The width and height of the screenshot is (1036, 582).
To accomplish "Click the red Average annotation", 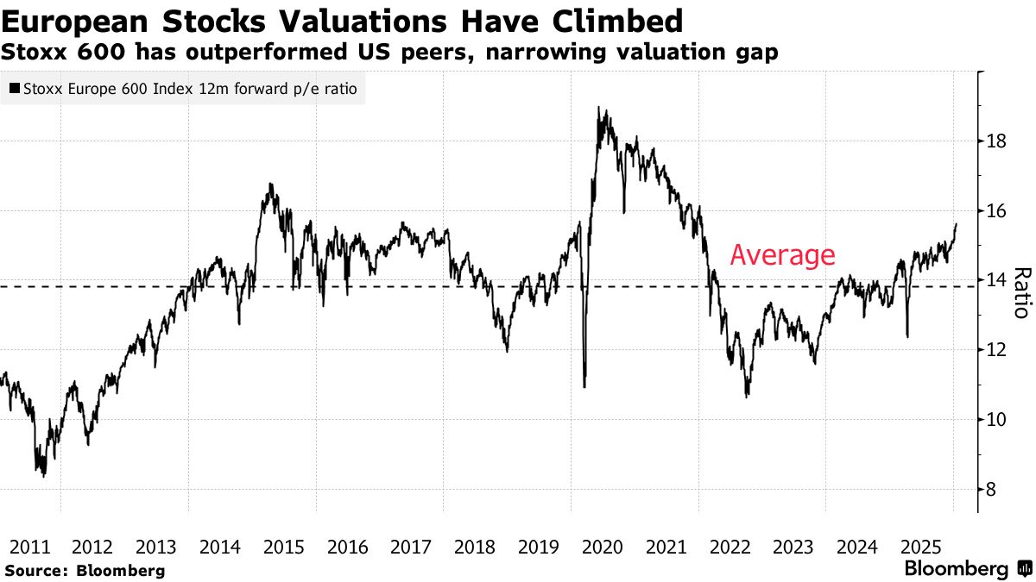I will (782, 255).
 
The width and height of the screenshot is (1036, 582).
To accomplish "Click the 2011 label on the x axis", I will (29, 547).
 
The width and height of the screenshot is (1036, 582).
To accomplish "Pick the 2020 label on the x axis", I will (602, 547).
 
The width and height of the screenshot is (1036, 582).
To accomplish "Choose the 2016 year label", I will (347, 547).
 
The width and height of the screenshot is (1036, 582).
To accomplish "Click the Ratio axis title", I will (1021, 293).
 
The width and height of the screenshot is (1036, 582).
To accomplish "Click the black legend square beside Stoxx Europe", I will (15, 88).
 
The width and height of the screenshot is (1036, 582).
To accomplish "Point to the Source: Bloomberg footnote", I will (85, 570).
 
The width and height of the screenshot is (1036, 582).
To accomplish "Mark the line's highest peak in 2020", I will (598, 109).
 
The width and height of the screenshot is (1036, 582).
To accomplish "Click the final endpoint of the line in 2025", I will (956, 224).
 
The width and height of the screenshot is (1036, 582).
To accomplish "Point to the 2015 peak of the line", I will (271, 184).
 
